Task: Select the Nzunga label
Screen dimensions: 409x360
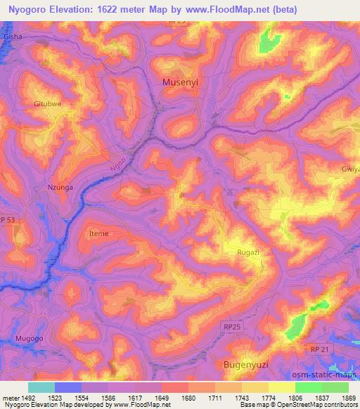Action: click(60, 187)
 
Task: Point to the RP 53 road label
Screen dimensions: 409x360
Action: click(11, 219)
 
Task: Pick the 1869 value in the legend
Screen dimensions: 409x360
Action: click(349, 398)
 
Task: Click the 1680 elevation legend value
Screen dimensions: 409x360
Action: click(188, 398)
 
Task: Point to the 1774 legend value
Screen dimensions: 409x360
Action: click(269, 398)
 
